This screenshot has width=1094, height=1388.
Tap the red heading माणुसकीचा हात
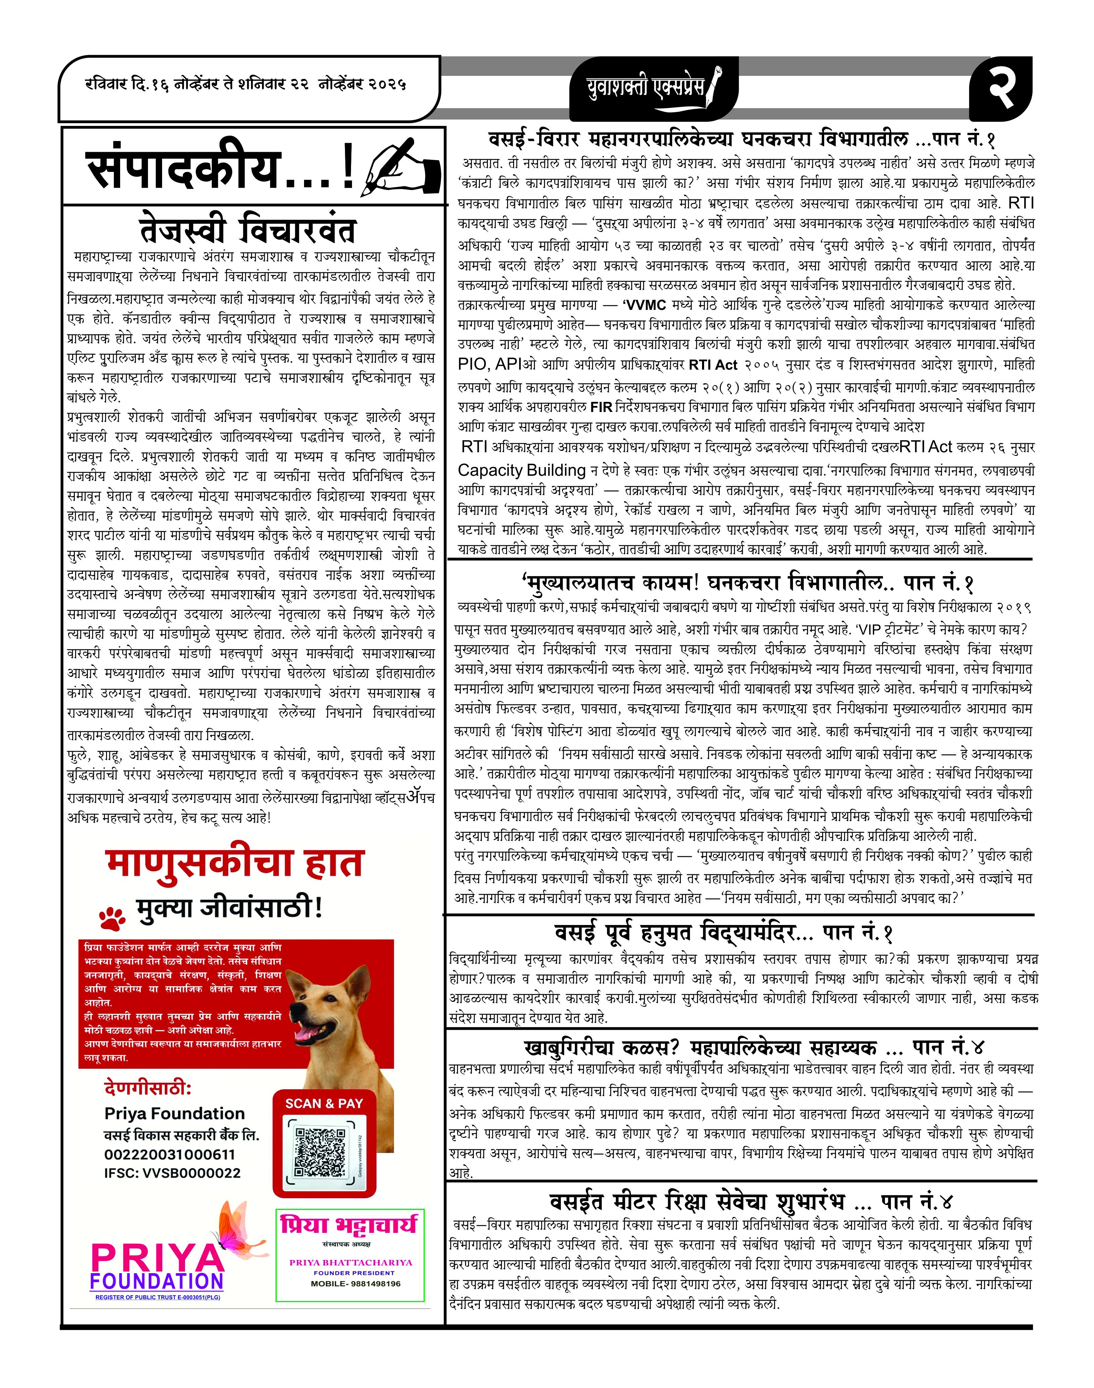(235, 863)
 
